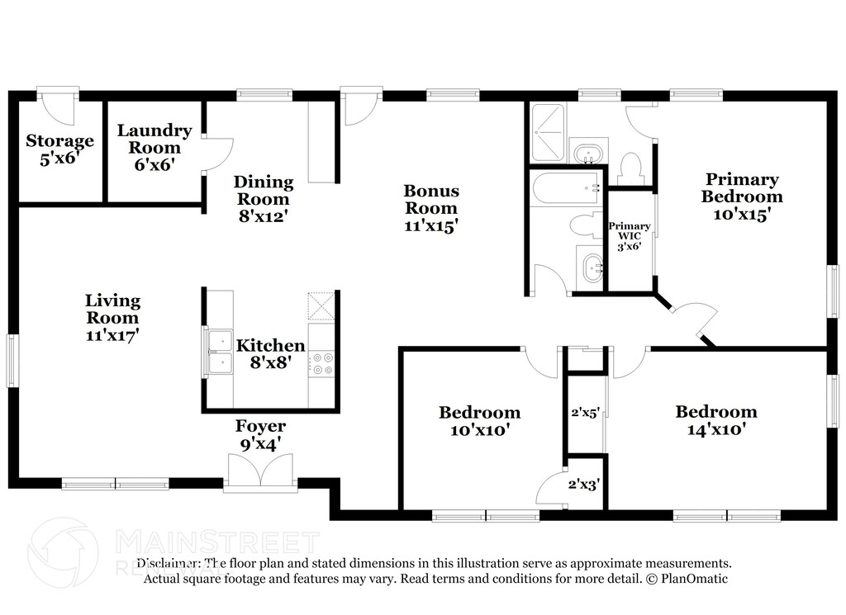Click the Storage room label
click(x=59, y=149)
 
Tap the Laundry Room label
click(x=154, y=147)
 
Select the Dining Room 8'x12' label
click(x=264, y=199)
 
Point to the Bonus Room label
click(x=430, y=207)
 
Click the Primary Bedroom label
click(x=742, y=196)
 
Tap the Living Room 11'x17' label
click(x=112, y=318)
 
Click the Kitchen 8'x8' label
click(x=270, y=353)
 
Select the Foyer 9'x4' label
click(x=260, y=434)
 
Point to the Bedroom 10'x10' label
click(x=479, y=420)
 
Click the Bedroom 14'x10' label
click(x=715, y=420)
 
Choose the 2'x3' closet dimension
click(x=583, y=485)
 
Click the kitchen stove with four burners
click(x=322, y=364)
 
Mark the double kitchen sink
click(x=220, y=352)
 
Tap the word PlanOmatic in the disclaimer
click(x=688, y=579)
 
